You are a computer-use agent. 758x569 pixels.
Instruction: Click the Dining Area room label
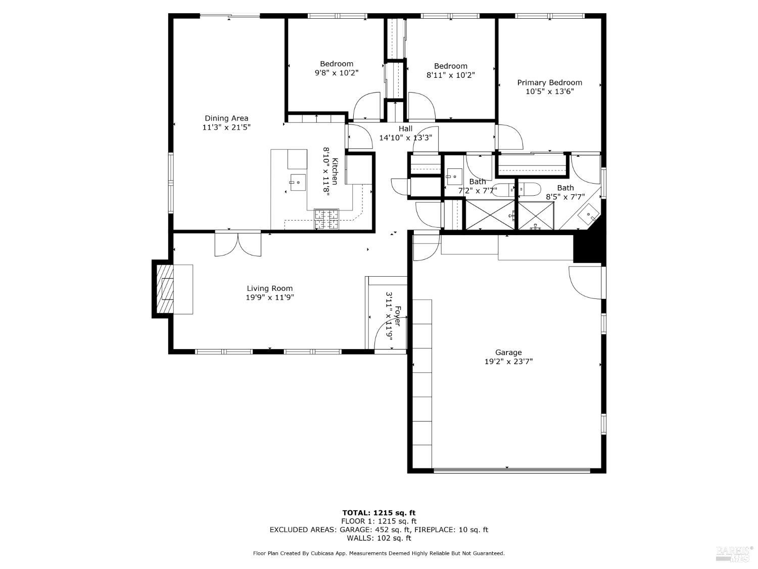226,118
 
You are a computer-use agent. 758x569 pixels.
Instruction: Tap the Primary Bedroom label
549,82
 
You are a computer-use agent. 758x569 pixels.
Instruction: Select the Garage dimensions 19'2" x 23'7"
508,362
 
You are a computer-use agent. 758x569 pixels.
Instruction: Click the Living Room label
270,288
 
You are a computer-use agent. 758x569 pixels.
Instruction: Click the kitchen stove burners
326,220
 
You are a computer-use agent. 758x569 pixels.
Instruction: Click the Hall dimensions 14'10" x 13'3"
405,138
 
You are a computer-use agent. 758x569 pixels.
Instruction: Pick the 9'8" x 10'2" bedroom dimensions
337,73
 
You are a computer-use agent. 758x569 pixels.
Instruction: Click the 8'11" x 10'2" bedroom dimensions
451,75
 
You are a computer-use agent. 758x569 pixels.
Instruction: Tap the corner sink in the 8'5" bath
589,214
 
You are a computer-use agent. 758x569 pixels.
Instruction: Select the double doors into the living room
238,243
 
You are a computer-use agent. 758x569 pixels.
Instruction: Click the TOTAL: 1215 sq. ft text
378,512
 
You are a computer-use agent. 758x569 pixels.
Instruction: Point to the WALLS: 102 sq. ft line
378,538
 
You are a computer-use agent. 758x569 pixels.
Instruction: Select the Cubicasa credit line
378,553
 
